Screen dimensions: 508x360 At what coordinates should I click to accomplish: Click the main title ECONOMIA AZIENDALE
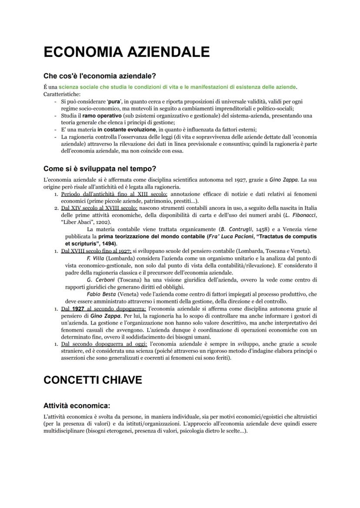[127, 53]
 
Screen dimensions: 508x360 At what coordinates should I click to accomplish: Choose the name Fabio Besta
[102, 294]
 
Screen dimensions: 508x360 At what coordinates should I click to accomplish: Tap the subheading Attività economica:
[76, 405]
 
